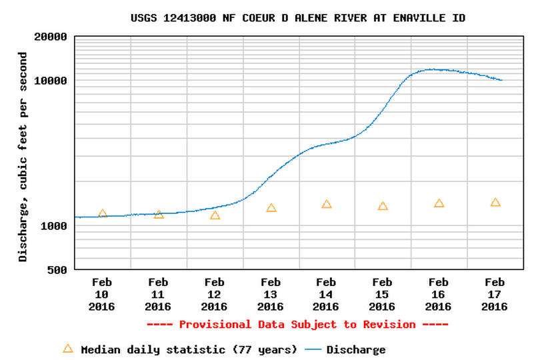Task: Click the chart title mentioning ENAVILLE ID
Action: [298, 18]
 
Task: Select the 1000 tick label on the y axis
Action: [53, 226]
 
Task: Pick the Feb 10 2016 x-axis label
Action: [102, 295]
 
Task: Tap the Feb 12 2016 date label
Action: [214, 295]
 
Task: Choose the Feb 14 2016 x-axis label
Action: [326, 295]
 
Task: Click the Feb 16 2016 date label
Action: [438, 295]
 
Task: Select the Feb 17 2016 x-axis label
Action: [495, 295]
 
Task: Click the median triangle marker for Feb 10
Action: [103, 214]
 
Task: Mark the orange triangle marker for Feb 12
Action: [215, 215]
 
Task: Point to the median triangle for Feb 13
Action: [271, 208]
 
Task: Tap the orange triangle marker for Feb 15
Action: [383, 206]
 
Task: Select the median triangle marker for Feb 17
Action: [495, 202]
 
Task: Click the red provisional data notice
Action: [297, 325]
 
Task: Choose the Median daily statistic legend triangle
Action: [67, 349]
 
